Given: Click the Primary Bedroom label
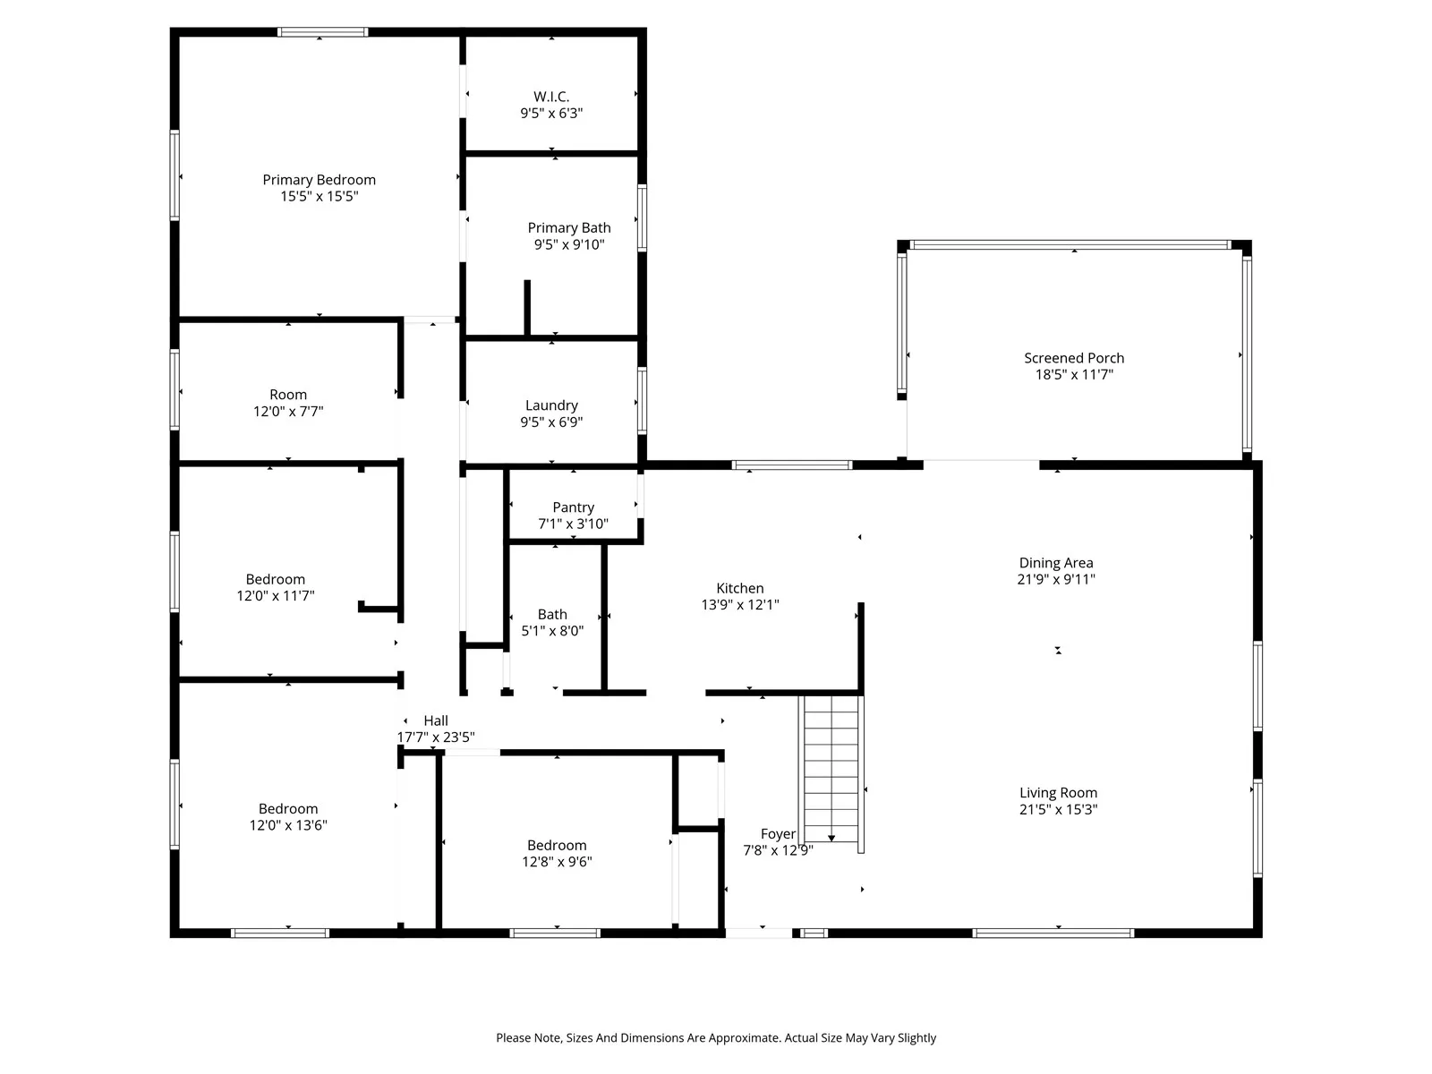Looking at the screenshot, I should pos(319,180).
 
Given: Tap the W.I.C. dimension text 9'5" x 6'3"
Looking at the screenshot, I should pos(551,114).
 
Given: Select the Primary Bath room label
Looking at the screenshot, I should pos(568,228).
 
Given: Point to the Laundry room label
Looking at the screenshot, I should pos(551,405).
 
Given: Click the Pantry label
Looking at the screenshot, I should pos(573,507).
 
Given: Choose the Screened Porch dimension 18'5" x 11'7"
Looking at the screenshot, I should pos(1074,375).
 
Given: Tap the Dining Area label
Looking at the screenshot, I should pos(1056,563).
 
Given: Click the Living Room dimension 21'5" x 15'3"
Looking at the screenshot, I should pos(1058,810).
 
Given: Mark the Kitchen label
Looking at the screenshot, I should pos(739,588).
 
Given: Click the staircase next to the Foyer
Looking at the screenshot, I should pos(832,770).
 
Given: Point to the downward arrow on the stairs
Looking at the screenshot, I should pos(831,837).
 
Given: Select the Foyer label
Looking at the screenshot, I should pos(778,834).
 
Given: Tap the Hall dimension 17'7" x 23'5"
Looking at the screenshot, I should pos(436,737).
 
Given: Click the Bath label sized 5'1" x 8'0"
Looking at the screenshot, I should pos(552,614).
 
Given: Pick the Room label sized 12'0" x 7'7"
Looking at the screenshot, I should pos(288,395).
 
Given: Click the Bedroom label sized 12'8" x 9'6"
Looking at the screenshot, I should pos(557,846).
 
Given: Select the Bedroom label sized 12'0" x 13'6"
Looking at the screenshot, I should pos(288,809).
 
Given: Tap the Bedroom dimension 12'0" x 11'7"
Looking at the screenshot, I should pos(276,596).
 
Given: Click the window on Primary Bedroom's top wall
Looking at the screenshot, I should pos(322,32).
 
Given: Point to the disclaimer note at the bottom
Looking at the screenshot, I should pos(716,1038).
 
